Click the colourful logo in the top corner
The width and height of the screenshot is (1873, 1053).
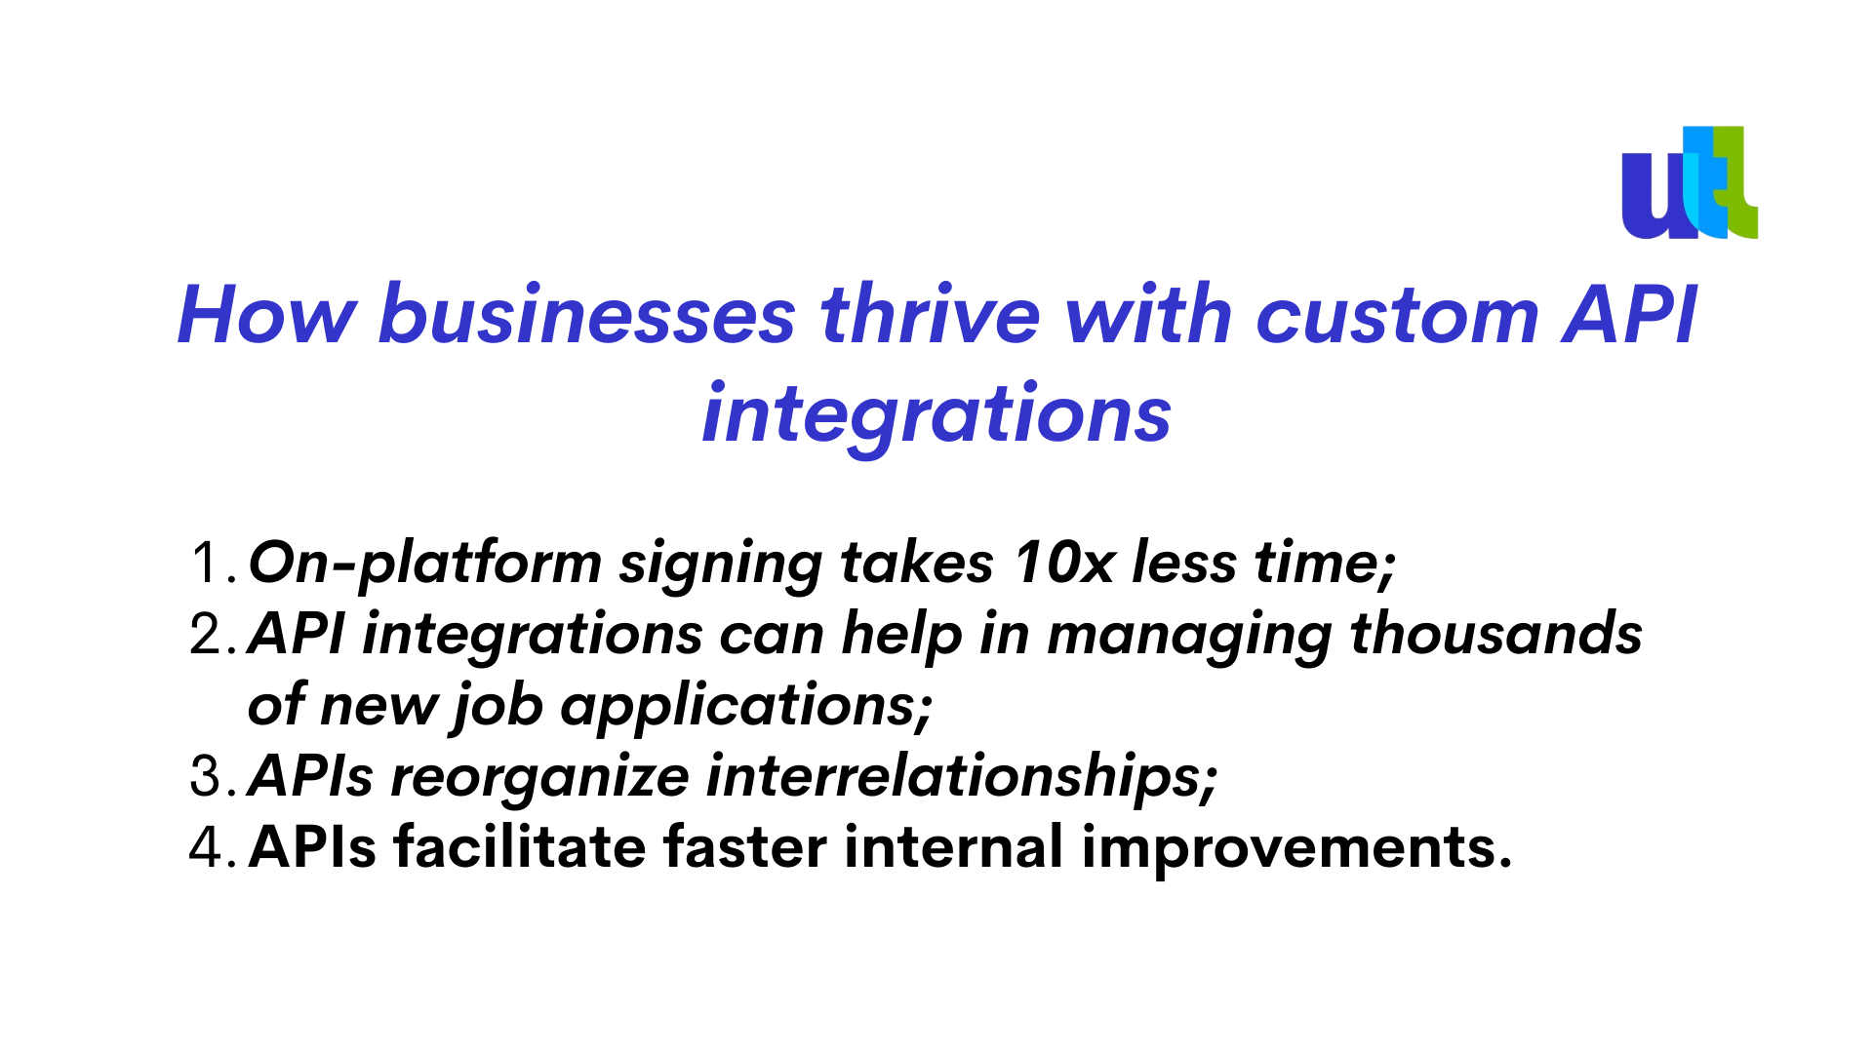[1690, 182]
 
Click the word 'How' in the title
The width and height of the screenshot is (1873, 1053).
[267, 315]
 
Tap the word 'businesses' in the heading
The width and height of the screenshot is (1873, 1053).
[587, 315]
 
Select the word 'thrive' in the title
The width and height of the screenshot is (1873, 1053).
[931, 315]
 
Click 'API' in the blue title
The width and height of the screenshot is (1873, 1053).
[1629, 315]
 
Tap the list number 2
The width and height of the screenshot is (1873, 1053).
[213, 634]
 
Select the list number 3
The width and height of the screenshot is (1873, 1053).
[213, 776]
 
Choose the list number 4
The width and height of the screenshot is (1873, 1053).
[213, 846]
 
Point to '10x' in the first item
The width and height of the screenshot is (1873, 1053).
[1063, 563]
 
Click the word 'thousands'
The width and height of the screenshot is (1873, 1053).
[1496, 634]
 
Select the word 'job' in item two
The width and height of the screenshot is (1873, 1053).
[497, 707]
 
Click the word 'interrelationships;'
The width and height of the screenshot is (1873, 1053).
[962, 778]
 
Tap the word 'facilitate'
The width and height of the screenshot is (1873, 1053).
[520, 845]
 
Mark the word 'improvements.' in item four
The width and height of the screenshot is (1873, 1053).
[1297, 848]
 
